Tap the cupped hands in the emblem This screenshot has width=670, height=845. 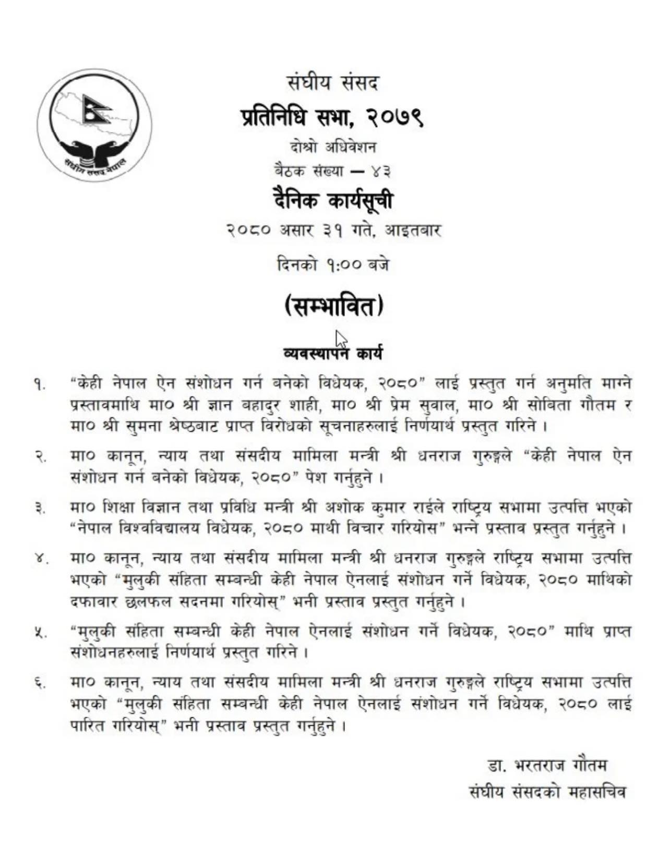tap(94, 149)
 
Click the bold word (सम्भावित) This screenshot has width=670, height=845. tap(334, 306)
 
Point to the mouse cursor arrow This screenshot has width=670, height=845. tap(340, 339)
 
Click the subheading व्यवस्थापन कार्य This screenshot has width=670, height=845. tap(332, 354)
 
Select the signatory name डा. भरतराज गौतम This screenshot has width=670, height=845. tap(547, 766)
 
